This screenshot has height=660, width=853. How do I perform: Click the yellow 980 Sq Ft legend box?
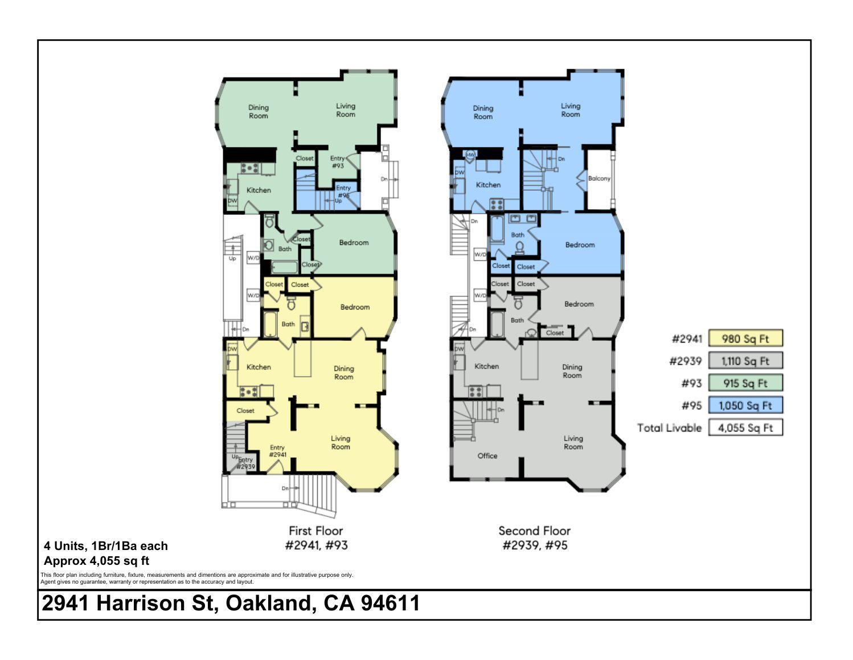pos(745,339)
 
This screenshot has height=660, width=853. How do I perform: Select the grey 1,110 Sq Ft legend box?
pos(745,361)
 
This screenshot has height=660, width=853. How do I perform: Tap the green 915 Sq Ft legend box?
pos(745,383)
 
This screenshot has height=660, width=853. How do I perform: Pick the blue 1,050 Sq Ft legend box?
pos(745,405)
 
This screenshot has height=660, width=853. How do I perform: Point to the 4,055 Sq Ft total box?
pos(745,428)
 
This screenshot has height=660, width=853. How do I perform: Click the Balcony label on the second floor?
pos(599,178)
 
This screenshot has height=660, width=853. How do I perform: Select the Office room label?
pos(487,455)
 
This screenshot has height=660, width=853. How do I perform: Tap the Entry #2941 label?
pos(277,451)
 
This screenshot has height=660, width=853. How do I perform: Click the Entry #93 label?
pos(338,162)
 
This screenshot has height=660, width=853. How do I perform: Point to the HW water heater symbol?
pos(471,154)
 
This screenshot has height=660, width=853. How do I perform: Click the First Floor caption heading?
pos(316,531)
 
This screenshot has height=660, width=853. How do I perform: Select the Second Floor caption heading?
pos(534,531)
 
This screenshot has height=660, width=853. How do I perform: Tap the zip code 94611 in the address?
pos(390,603)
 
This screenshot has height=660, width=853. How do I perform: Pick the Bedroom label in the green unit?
pos(354,242)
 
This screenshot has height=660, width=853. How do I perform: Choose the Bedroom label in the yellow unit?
pos(355,307)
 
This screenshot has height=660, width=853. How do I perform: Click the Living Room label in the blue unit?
pos(570,110)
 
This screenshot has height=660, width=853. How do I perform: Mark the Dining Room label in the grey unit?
pos(572,371)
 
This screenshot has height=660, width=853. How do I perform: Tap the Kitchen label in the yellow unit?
pos(259,367)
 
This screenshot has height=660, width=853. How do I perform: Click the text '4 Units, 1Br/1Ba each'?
pos(106,545)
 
